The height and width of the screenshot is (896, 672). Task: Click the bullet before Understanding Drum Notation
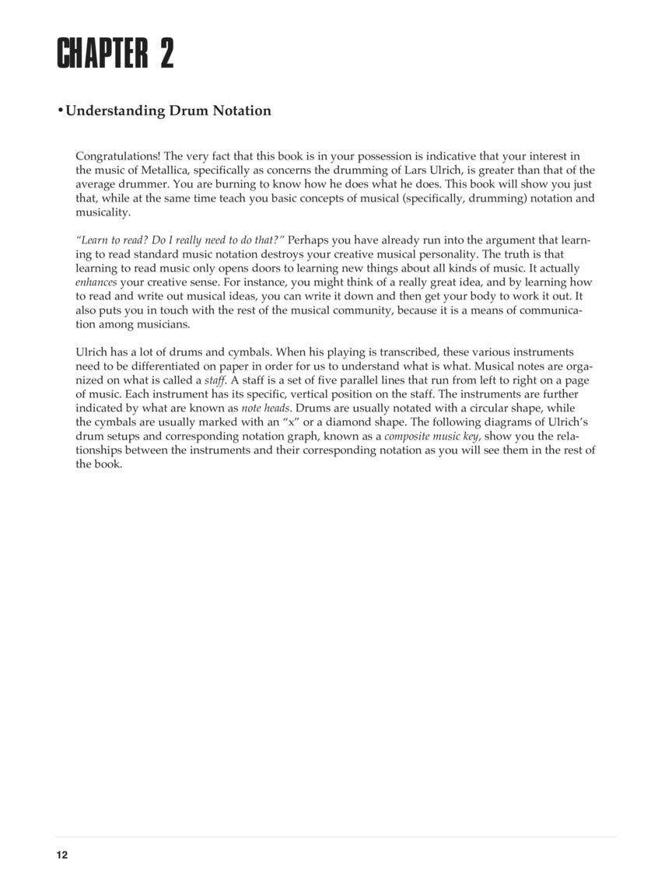[x=60, y=110]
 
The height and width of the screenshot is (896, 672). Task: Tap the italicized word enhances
[x=96, y=282]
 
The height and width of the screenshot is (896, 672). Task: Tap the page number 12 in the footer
[x=62, y=856]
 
